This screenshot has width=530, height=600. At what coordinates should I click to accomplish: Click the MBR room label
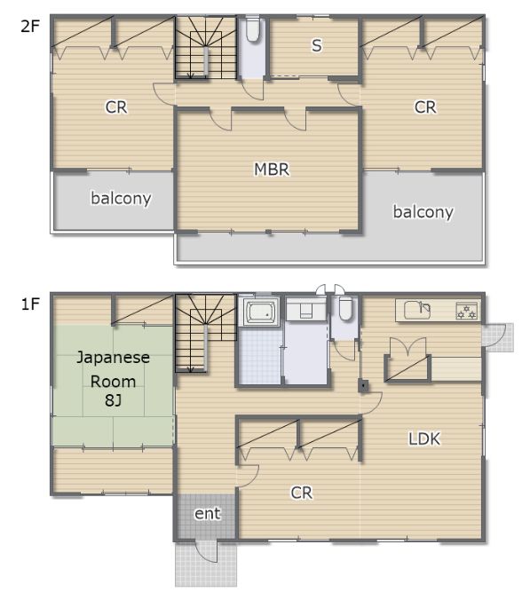[272, 170]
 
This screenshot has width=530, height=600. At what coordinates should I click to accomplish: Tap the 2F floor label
[30, 27]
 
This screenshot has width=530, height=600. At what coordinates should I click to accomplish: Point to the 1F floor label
[30, 304]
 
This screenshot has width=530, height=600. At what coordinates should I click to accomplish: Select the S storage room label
[316, 45]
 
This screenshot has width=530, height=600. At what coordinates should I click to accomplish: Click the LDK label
[424, 438]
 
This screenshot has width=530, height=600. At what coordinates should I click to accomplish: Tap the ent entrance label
[208, 514]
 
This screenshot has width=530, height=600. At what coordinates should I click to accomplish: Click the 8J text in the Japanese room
[113, 400]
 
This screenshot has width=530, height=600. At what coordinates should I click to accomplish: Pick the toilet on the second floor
[252, 28]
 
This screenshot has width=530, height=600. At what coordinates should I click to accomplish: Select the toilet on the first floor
[345, 308]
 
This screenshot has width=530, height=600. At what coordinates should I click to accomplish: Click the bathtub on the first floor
[262, 312]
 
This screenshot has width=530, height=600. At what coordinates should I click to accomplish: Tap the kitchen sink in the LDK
[417, 310]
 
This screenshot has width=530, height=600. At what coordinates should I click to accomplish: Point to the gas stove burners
[467, 311]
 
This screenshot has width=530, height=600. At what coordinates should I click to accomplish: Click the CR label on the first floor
[302, 493]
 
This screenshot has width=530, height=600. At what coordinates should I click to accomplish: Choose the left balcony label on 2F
[121, 198]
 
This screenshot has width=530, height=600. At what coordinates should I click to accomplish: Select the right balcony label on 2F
[423, 211]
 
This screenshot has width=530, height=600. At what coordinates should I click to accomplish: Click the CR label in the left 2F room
[116, 107]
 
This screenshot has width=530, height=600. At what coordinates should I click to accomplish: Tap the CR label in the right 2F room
[425, 107]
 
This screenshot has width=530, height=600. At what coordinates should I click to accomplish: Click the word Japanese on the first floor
[114, 358]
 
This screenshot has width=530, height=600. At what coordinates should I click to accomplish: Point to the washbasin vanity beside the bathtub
[306, 309]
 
